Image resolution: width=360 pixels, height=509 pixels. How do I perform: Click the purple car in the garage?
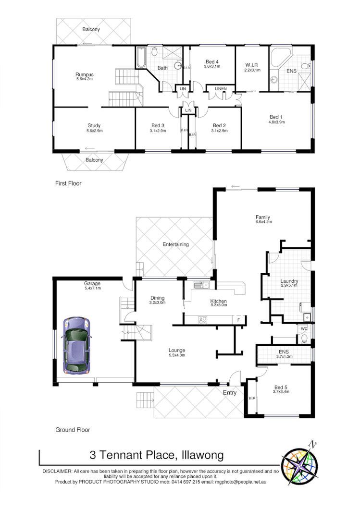point(75,346)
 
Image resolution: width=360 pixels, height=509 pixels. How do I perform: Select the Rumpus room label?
point(84,74)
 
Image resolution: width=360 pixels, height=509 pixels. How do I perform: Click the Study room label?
point(94,126)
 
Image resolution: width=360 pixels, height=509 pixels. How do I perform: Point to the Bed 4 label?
point(212,61)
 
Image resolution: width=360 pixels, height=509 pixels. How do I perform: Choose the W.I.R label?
point(252,65)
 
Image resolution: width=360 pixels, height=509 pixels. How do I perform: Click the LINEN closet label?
point(221,89)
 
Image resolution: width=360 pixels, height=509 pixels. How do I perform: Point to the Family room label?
point(262,217)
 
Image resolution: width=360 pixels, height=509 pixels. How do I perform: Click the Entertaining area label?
point(175,244)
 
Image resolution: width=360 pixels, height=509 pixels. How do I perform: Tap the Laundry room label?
point(289,281)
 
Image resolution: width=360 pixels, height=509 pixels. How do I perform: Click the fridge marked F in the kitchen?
point(238,320)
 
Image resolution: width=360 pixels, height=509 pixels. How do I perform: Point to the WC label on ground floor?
point(303,329)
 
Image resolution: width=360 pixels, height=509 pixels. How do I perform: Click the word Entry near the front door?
point(230,393)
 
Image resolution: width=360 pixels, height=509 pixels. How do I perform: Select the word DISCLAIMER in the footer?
point(58,472)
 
